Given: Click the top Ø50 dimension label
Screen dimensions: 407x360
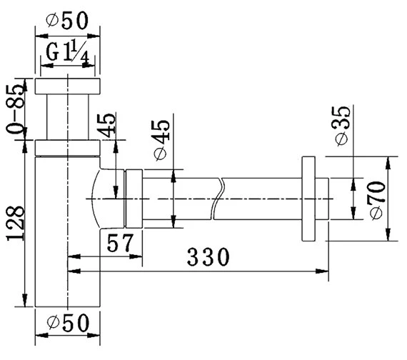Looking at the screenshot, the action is coord(68,20).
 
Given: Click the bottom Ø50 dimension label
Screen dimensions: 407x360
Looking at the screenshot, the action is coord(68,323).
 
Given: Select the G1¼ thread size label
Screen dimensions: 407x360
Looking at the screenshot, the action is coord(68,54).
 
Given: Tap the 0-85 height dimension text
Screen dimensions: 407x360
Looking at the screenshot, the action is coord(16,109).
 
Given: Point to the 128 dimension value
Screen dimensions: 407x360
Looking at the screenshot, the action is coord(16,224).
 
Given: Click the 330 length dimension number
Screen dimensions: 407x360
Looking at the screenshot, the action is coord(208,256).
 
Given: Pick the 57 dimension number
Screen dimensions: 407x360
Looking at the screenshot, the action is coord(120,243).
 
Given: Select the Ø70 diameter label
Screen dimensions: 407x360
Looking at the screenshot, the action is coord(377,201).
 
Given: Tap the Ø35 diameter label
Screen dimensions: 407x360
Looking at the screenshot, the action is coord(341,126).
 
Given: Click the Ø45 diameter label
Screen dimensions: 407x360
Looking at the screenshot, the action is coord(161,140).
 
